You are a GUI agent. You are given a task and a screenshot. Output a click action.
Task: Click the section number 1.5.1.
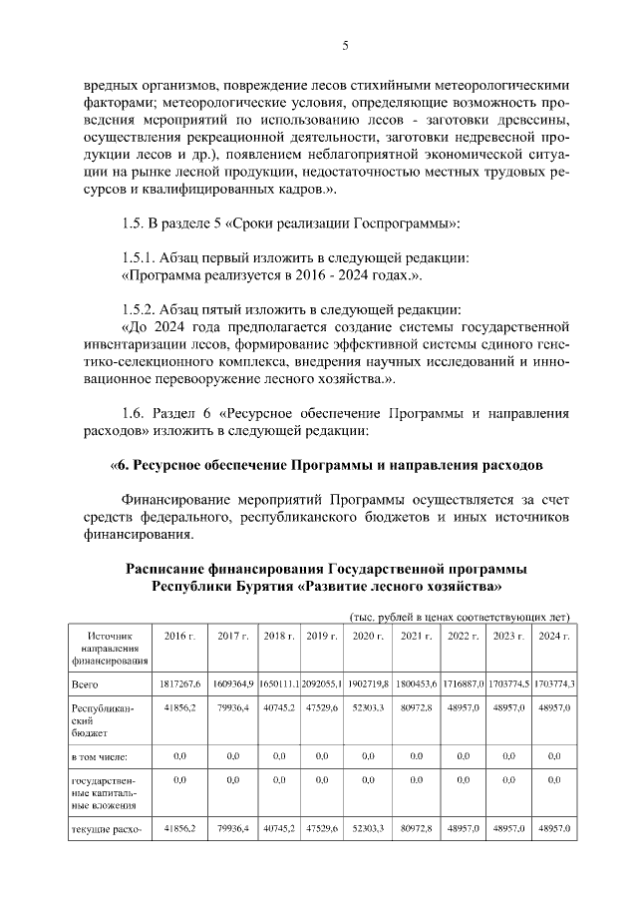(x=140, y=256)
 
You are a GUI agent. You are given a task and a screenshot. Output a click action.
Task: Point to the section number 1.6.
(x=132, y=413)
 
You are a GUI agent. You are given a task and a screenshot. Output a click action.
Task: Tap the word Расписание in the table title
(x=168, y=568)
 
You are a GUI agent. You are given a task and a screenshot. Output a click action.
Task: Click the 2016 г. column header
(x=179, y=636)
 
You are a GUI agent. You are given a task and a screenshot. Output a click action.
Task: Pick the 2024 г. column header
(x=552, y=636)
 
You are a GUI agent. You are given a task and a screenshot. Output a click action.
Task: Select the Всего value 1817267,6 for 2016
(x=179, y=683)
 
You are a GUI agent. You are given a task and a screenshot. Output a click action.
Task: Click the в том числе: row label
(x=99, y=756)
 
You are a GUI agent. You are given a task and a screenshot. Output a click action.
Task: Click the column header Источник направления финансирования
(x=110, y=648)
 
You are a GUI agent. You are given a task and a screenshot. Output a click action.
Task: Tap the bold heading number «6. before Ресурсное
(x=124, y=465)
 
